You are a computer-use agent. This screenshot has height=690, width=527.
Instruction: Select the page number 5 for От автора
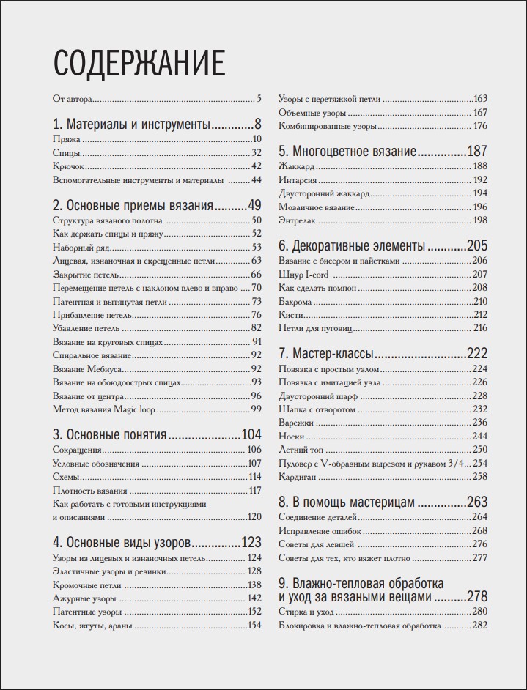(x=259, y=98)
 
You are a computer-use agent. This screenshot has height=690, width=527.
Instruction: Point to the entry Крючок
(x=69, y=166)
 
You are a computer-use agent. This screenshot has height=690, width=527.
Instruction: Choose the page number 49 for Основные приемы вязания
(x=254, y=205)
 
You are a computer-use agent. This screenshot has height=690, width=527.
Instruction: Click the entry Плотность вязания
(x=90, y=491)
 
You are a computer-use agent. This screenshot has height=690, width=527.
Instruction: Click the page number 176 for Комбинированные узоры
(x=480, y=126)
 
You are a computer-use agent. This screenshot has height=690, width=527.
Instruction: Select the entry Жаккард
(x=297, y=167)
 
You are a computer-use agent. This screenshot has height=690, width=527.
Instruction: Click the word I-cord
(x=316, y=275)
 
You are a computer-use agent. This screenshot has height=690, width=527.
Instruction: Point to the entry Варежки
(x=296, y=423)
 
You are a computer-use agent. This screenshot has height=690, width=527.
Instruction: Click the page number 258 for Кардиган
(x=479, y=477)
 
